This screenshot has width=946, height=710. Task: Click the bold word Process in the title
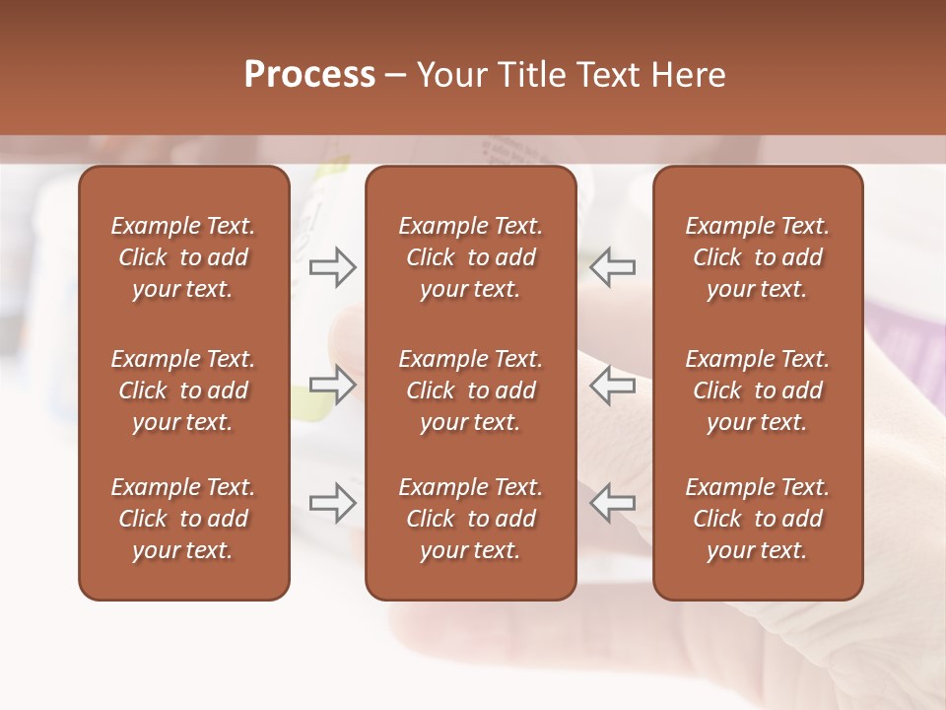(309, 75)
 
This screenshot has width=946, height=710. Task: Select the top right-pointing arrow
(333, 267)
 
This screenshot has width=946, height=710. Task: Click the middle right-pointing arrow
(333, 385)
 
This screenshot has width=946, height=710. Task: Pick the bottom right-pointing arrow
(333, 503)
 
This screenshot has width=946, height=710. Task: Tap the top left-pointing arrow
(613, 267)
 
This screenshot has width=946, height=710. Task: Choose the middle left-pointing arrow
(613, 385)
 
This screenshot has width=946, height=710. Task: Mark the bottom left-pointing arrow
(613, 503)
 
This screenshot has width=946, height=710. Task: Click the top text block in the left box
(183, 257)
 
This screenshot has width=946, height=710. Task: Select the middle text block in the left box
(183, 390)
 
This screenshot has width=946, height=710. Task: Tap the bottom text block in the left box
(183, 519)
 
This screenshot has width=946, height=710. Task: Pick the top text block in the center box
(470, 257)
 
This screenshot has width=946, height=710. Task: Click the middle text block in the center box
(470, 390)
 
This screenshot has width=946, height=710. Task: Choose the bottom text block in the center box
(470, 519)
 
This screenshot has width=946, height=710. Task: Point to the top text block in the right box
(757, 257)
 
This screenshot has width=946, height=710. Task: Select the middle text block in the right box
(757, 390)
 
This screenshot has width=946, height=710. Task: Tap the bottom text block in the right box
(757, 519)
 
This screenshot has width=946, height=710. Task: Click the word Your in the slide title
(453, 75)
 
